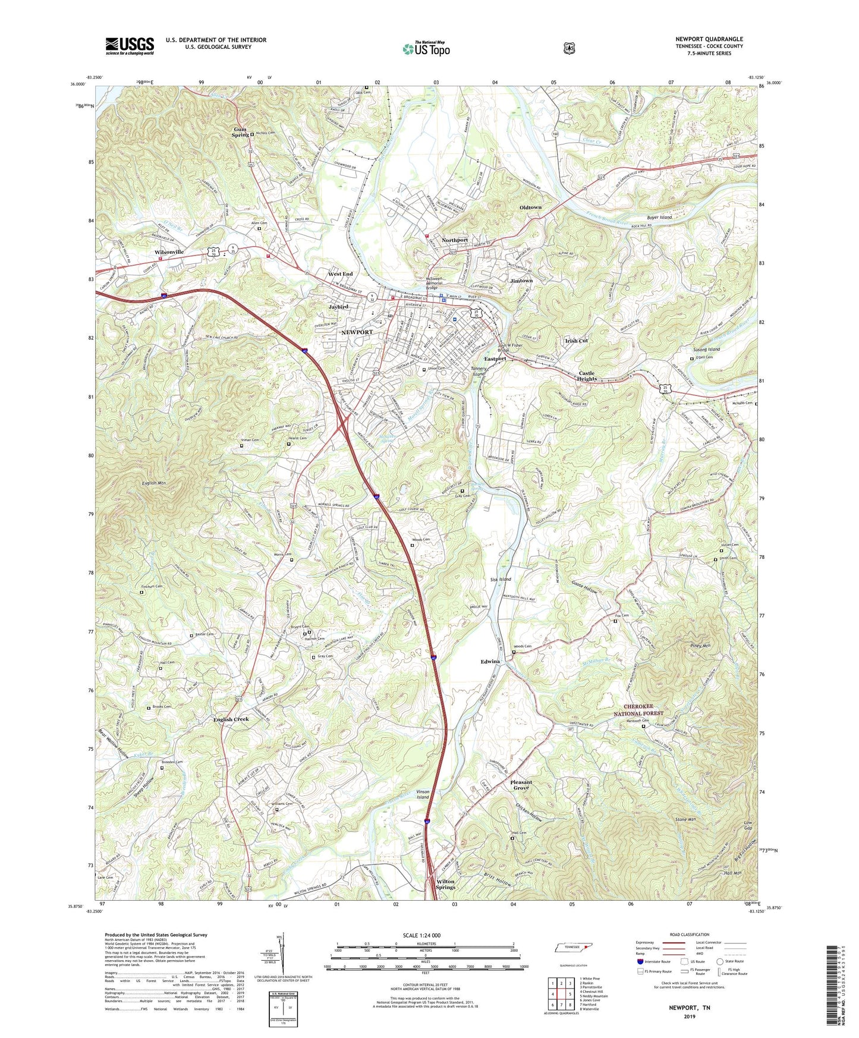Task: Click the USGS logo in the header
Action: [x=130, y=45]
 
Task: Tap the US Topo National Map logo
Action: [x=425, y=48]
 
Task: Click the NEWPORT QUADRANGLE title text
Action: [x=709, y=39]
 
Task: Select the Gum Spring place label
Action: [x=241, y=132]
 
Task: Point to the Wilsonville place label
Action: [x=169, y=252]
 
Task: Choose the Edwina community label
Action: [x=490, y=662]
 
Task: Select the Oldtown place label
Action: [x=530, y=207]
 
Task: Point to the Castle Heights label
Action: [x=586, y=376]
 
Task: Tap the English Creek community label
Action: [x=231, y=719]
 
